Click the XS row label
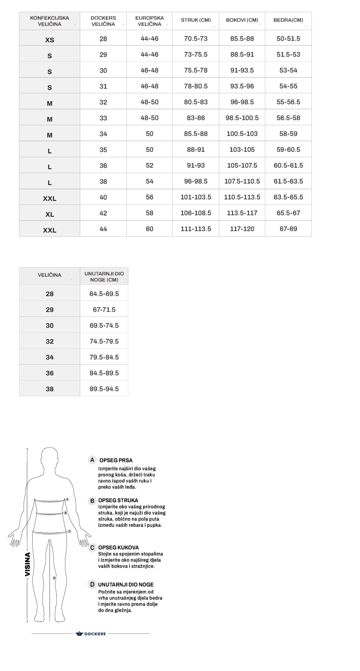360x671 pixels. (50, 39)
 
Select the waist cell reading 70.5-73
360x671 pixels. (195, 39)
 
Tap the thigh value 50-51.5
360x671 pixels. (288, 39)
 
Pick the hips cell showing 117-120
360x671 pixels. (242, 229)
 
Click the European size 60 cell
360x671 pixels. (149, 229)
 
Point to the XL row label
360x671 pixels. (50, 214)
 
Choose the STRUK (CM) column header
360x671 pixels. (195, 20)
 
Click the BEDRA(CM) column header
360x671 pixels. (288, 20)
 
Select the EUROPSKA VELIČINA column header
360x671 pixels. (149, 21)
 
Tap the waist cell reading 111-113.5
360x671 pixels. (195, 229)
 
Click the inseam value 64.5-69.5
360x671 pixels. (104, 294)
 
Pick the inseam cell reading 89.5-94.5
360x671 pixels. (104, 389)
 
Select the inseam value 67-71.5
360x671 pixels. (104, 310)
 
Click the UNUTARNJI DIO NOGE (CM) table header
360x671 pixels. (104, 277)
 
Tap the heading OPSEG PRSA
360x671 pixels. (116, 460)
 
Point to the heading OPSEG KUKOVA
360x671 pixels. (118, 548)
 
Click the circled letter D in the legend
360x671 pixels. (92, 585)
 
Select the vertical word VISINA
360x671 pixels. (28, 564)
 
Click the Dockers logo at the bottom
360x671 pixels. (91, 634)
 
